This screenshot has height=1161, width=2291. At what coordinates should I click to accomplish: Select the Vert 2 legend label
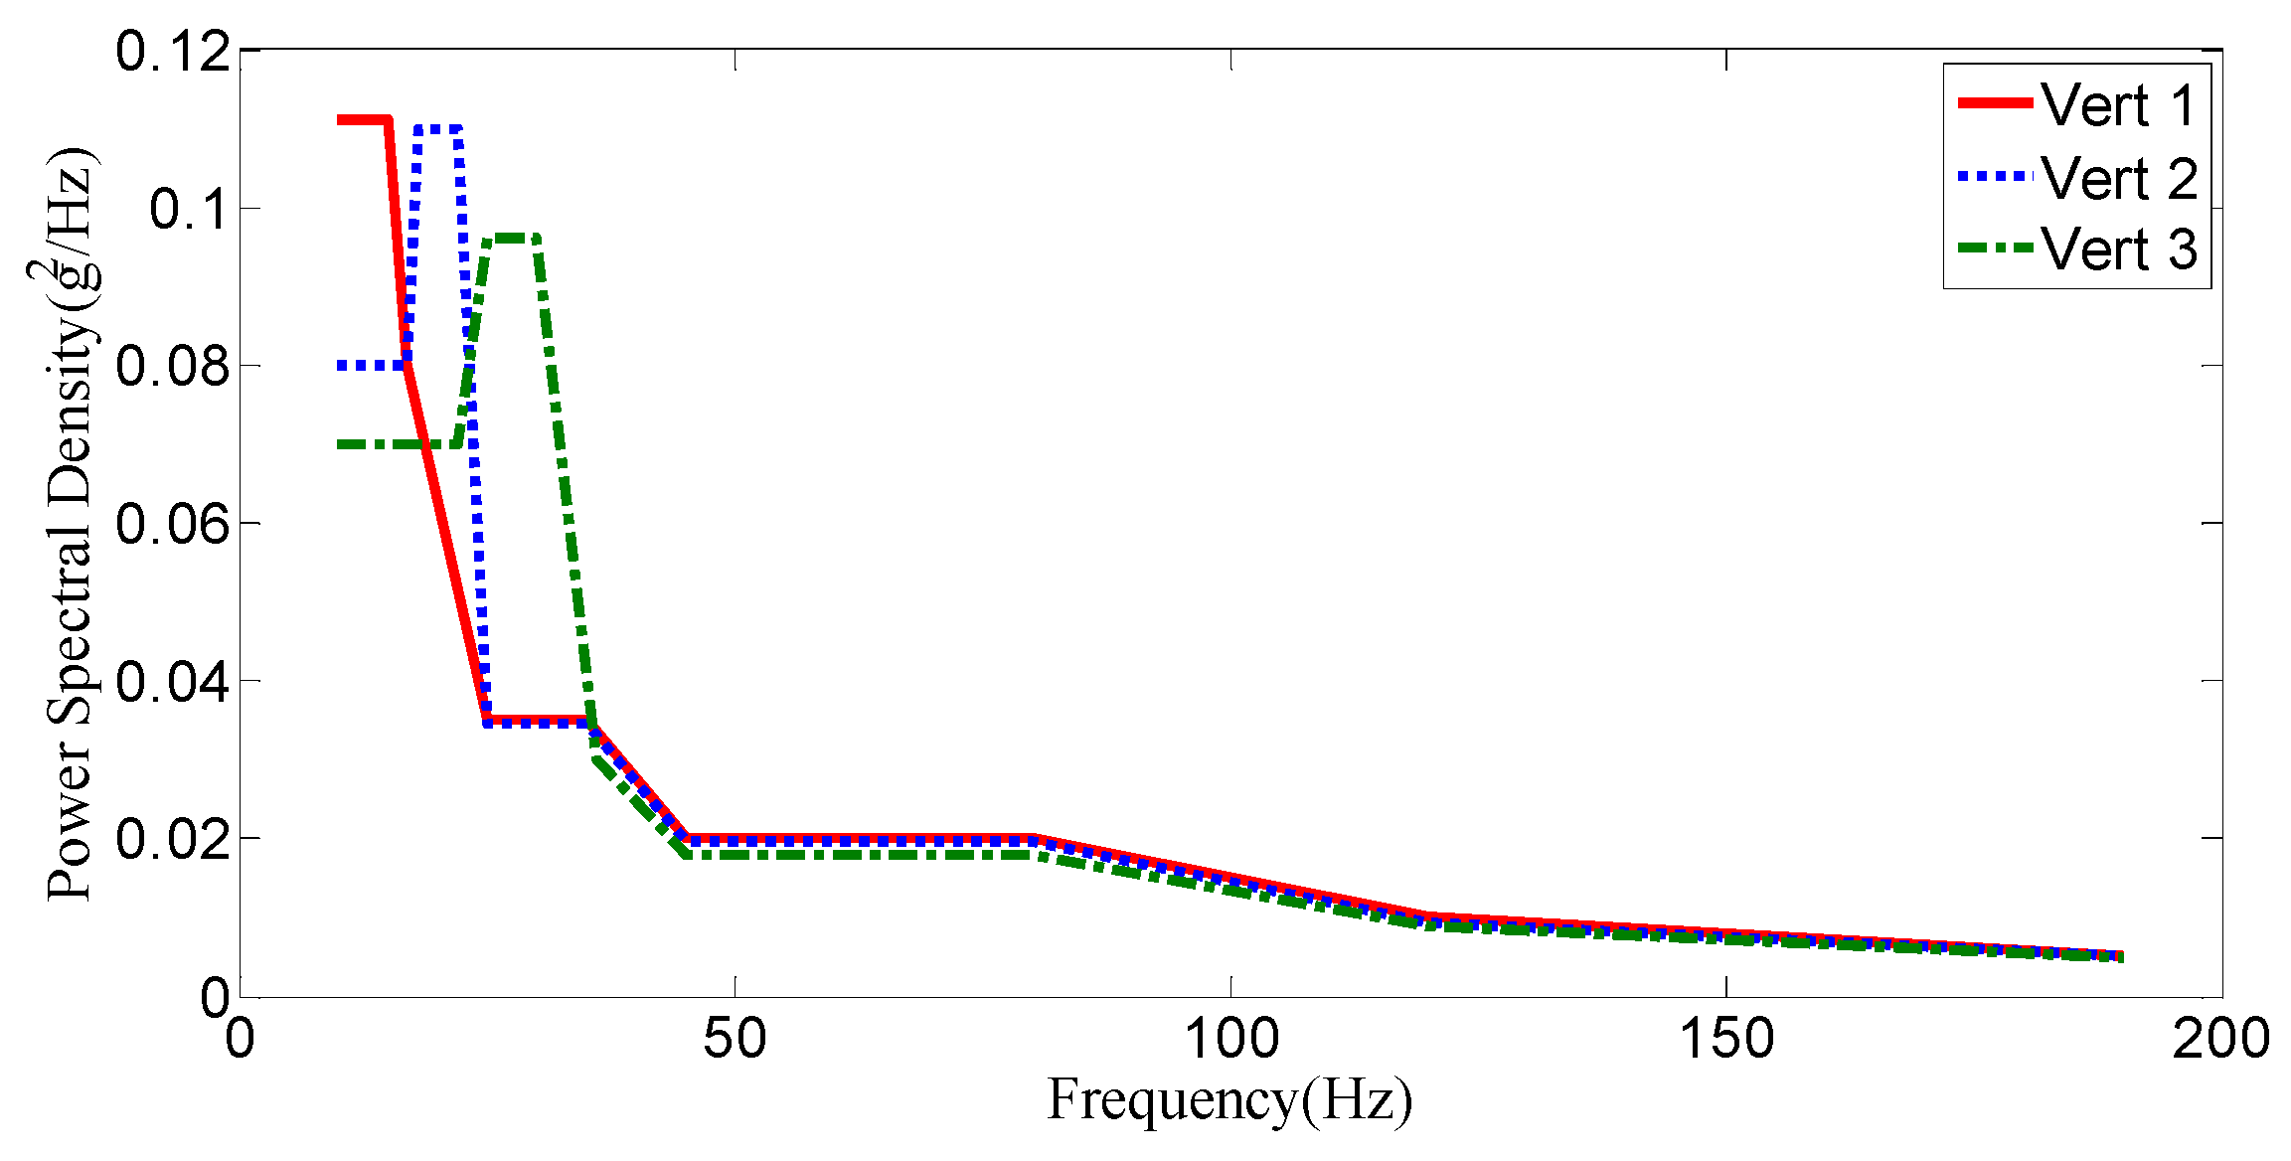point(2120,179)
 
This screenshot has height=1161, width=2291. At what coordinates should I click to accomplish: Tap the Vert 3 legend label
point(2120,249)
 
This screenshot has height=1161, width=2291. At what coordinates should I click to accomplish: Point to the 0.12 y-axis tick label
point(173,51)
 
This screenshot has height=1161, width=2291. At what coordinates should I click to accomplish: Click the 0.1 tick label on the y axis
point(190,209)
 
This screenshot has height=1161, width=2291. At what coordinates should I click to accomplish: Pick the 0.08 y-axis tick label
point(173,366)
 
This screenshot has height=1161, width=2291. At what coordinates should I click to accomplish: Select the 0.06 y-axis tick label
point(173,523)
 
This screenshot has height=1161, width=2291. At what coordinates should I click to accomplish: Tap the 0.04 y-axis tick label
point(173,681)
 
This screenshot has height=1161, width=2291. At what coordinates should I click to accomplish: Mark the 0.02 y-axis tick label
point(173,839)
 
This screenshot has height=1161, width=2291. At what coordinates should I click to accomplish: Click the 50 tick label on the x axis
point(735,1039)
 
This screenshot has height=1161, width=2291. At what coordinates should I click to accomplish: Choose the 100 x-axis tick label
point(1230,1039)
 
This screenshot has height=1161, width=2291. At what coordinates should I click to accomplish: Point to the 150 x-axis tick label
point(1726,1039)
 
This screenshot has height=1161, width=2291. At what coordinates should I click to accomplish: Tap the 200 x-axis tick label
point(2220,1039)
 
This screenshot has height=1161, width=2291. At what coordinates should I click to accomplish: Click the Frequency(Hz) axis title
point(1229,1101)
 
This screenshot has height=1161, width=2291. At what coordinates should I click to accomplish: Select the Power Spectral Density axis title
point(68,523)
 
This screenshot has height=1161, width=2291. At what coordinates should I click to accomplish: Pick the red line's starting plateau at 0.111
point(363,120)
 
